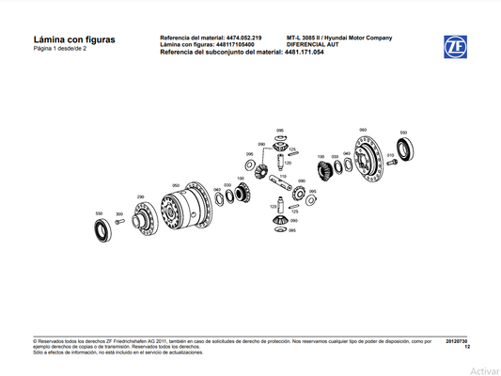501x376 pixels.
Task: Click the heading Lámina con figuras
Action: coord(74,39)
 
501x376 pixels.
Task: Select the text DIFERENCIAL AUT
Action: coord(314,44)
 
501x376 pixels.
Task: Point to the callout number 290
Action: coord(141,196)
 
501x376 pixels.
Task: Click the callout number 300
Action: coord(119,214)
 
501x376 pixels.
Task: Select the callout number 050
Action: coord(176,185)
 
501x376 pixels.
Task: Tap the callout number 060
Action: coord(363,129)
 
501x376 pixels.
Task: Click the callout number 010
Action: coord(390,153)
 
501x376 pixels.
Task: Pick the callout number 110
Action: coord(281,176)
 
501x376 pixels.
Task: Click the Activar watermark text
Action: coord(484,370)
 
